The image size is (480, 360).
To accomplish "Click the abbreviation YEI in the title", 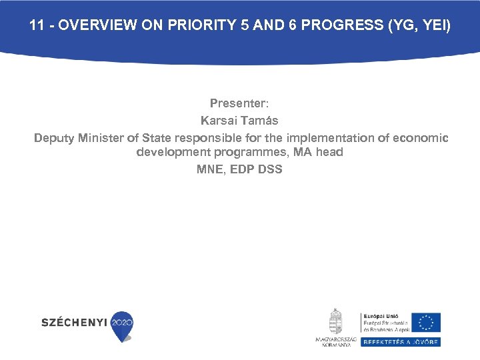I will tap(435, 26).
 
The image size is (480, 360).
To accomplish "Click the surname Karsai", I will tap(220, 121).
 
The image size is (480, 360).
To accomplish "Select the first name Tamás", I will tap(261, 121).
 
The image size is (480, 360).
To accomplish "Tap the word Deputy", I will tap(55, 138).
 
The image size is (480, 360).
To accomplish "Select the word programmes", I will tap(243, 152).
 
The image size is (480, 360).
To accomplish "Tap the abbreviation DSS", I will tap(269, 169).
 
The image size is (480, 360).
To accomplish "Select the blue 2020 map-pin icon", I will tap(122, 325).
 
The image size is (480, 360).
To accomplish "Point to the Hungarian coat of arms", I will tap(335, 322).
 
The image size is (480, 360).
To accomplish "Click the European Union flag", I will tap(425, 323).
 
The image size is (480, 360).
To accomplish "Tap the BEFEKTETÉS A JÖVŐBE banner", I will tap(400, 342).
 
